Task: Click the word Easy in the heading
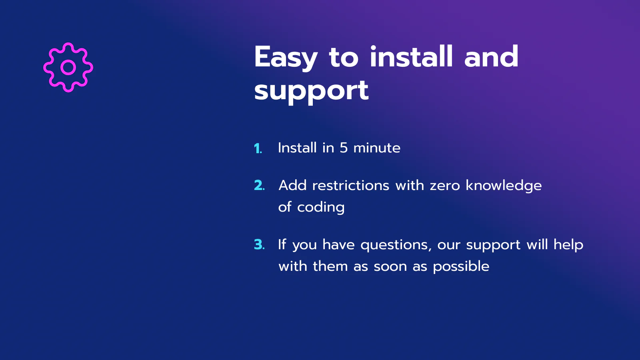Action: pyautogui.click(x=286, y=58)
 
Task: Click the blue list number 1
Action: pyautogui.click(x=258, y=148)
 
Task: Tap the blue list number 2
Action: pyautogui.click(x=260, y=185)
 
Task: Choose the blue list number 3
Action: pyautogui.click(x=260, y=244)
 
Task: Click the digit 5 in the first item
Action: pyautogui.click(x=344, y=148)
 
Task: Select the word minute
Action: pyautogui.click(x=377, y=148)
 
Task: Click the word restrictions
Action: pyautogui.click(x=350, y=186)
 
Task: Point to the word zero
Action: pyautogui.click(x=445, y=186)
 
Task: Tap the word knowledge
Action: pyautogui.click(x=504, y=186)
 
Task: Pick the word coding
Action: pyautogui.click(x=321, y=208)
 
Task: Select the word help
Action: pyautogui.click(x=568, y=244)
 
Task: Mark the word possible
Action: pyautogui.click(x=461, y=267)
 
